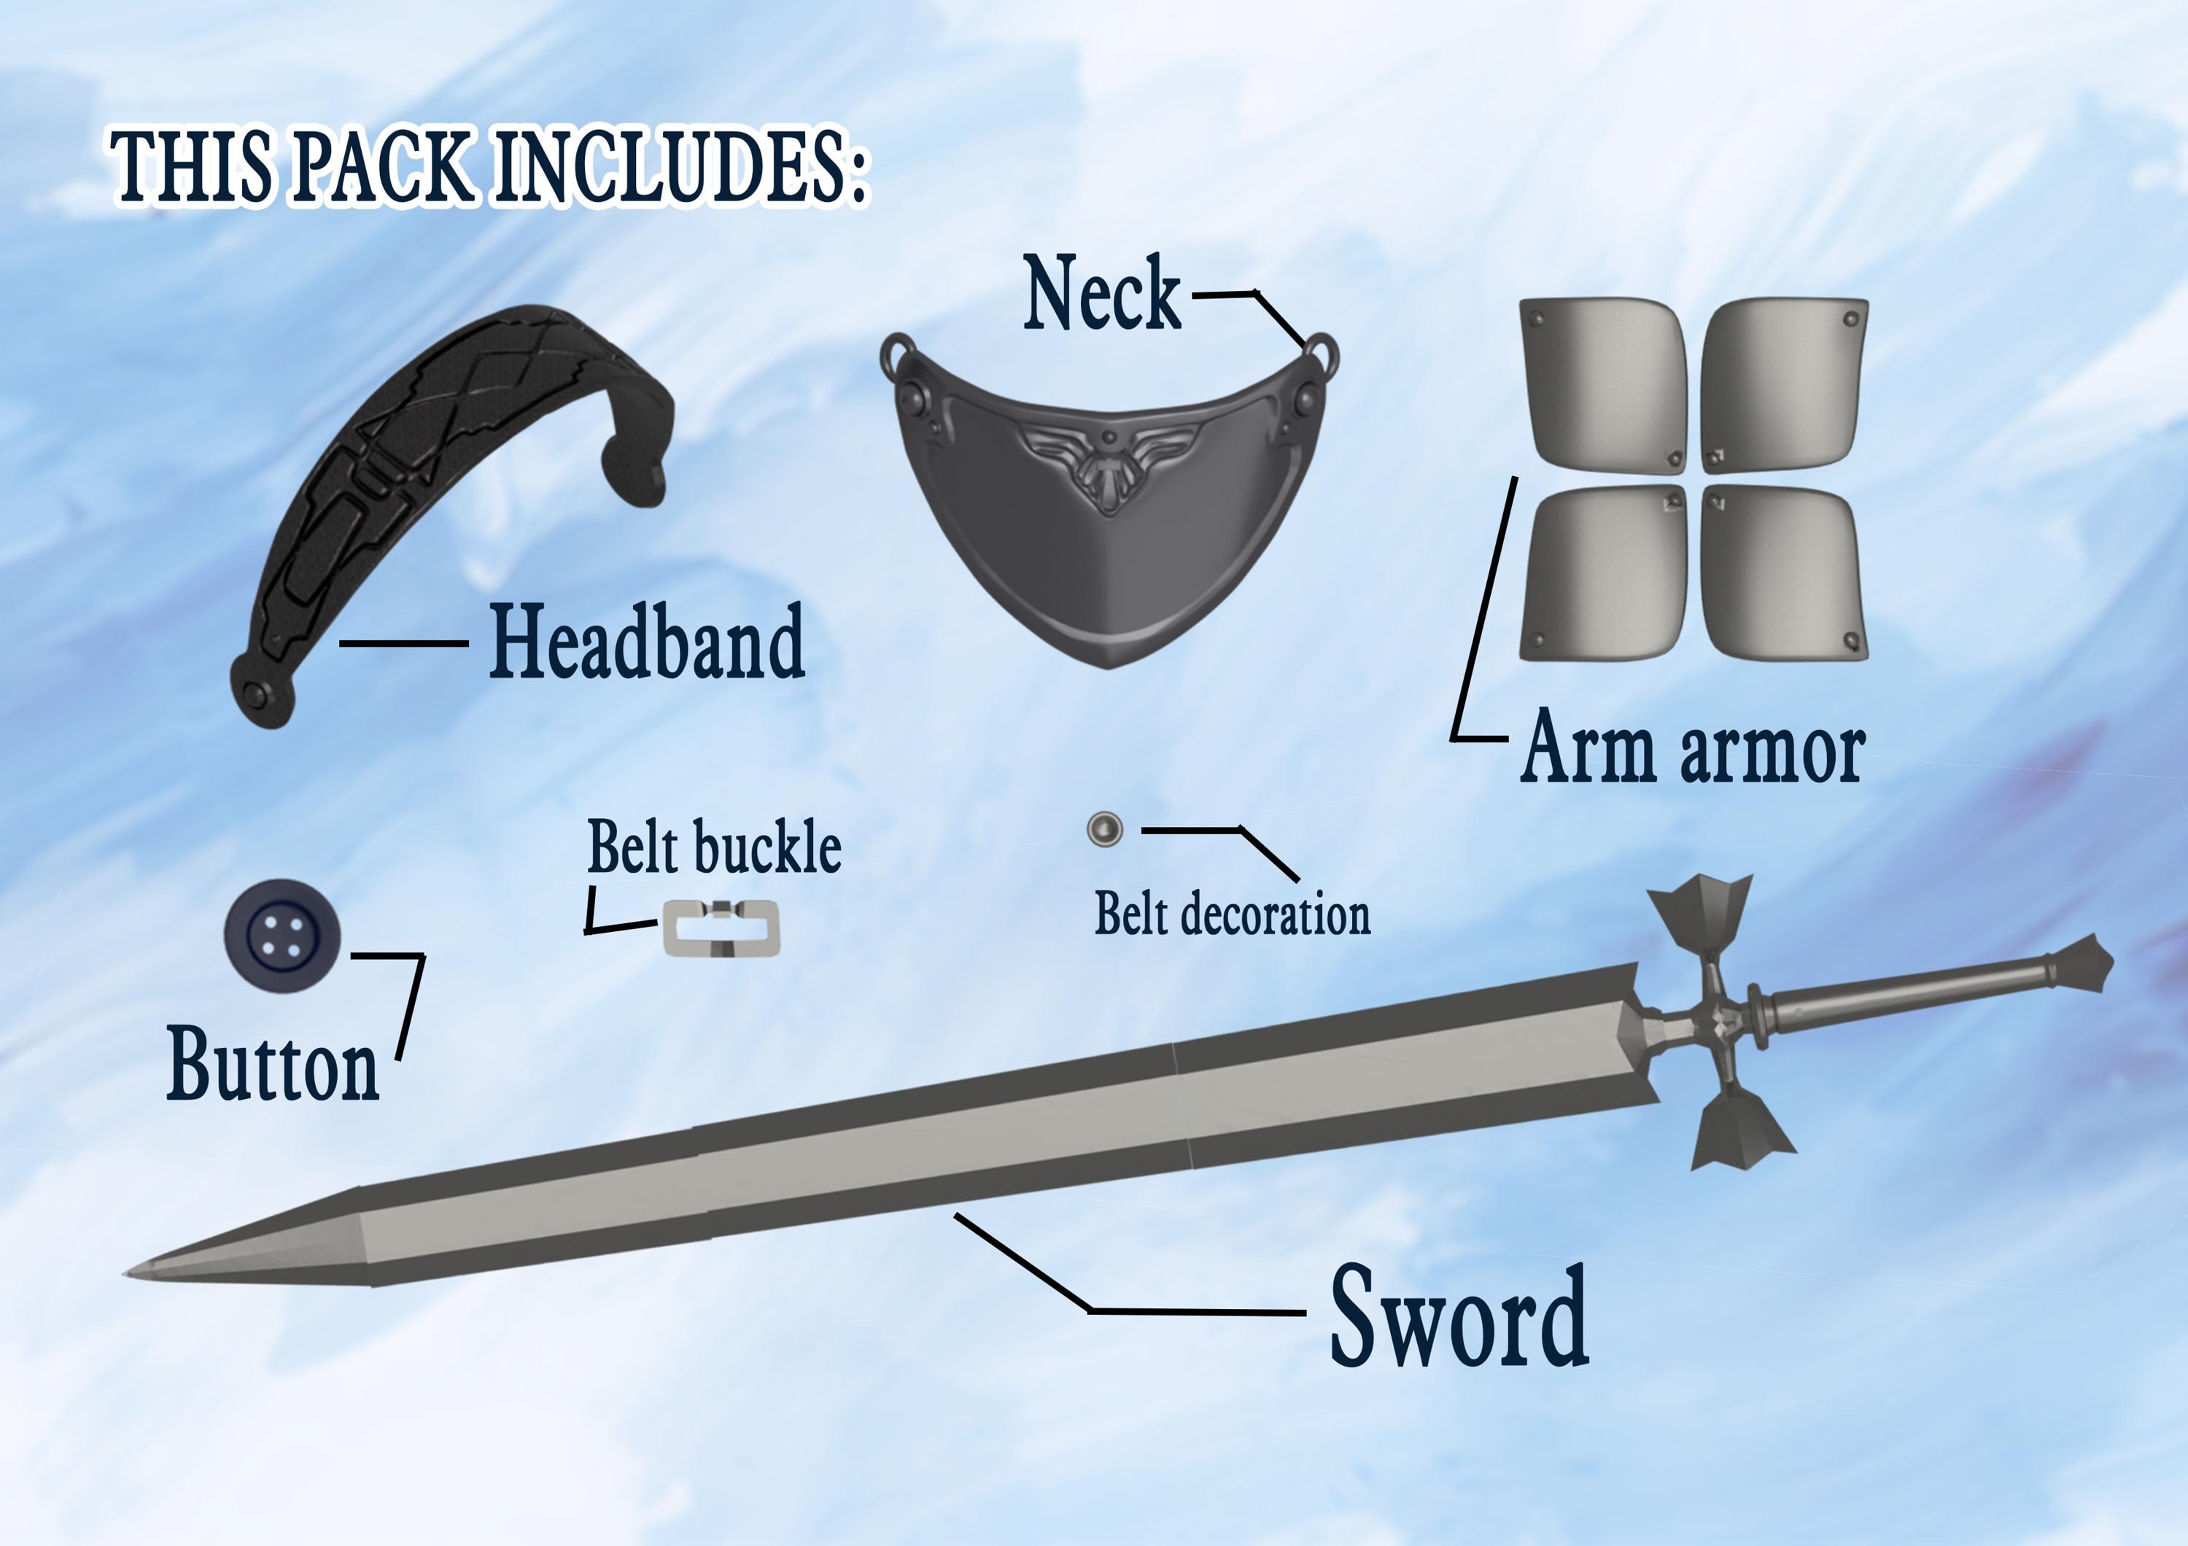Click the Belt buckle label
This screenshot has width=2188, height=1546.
click(715, 847)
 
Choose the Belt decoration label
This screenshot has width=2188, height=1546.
click(1232, 914)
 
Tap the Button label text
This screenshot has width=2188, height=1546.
click(273, 1065)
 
